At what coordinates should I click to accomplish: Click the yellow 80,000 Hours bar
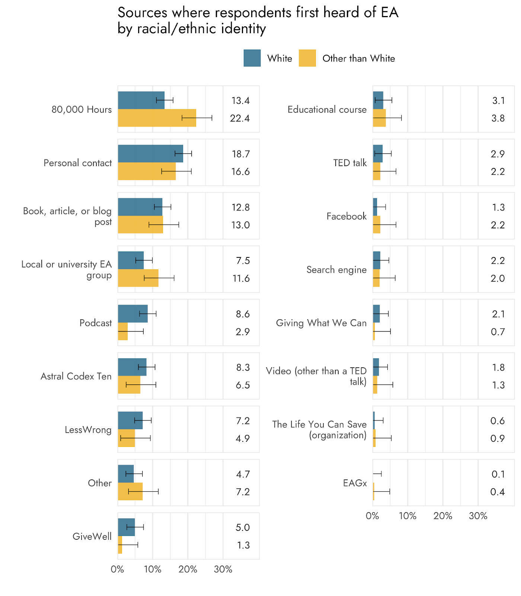tap(157, 118)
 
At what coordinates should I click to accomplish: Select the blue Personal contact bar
tap(150, 153)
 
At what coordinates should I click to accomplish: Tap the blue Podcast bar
tap(132, 314)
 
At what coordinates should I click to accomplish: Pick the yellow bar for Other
tap(130, 491)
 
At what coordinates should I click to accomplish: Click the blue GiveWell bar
tap(126, 527)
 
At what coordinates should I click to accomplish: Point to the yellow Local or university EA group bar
tap(138, 278)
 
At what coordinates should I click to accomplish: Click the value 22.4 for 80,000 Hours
tap(240, 118)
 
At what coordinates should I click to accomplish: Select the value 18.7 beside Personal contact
tap(241, 154)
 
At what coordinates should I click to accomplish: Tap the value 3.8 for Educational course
tap(498, 118)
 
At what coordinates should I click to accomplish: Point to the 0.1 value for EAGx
tap(498, 474)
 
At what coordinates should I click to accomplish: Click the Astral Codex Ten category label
tap(76, 376)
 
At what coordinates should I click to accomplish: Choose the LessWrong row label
tap(88, 430)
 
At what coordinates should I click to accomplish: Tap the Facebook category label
tap(346, 216)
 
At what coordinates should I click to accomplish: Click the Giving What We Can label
tap(321, 323)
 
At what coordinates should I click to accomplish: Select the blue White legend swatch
tap(252, 58)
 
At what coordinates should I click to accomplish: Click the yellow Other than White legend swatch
tap(307, 58)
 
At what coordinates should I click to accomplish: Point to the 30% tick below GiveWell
tap(223, 569)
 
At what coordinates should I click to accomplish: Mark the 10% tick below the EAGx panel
tap(407, 516)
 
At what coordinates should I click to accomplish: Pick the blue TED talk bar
tap(378, 153)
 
